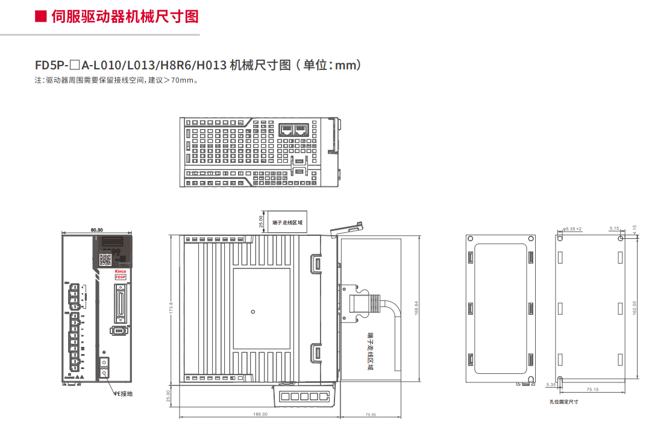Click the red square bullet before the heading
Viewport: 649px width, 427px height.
click(41, 16)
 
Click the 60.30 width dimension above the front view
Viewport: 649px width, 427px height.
click(96, 230)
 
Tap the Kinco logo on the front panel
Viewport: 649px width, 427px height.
click(121, 271)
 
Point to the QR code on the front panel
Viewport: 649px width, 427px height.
click(105, 259)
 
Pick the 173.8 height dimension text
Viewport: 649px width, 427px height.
click(171, 308)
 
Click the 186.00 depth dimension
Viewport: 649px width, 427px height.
click(260, 414)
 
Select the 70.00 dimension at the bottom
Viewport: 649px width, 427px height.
click(370, 414)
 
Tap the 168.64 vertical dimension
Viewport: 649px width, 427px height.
click(416, 307)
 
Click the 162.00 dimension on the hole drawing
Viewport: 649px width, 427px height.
click(634, 308)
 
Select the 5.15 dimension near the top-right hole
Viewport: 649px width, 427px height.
click(614, 229)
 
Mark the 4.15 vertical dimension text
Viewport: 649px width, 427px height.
click(635, 230)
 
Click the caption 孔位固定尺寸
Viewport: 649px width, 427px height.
click(563, 402)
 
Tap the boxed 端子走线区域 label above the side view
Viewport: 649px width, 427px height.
click(287, 223)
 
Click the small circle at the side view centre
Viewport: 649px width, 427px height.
click(253, 311)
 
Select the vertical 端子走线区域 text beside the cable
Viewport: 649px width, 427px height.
click(369, 350)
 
